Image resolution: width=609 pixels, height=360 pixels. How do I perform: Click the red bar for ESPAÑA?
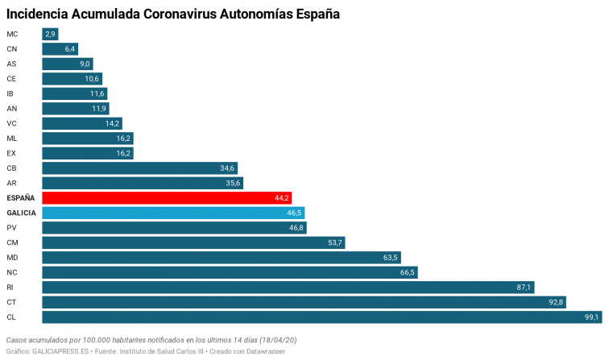[167, 198]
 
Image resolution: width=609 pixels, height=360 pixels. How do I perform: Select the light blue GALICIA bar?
[173, 213]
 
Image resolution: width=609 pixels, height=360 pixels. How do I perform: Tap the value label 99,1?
[591, 317]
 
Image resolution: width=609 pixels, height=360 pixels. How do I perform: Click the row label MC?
[12, 34]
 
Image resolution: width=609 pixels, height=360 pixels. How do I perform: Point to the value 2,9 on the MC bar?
[51, 34]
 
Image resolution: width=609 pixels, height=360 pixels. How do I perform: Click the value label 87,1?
[524, 288]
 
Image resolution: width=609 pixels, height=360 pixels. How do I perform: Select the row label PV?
[11, 228]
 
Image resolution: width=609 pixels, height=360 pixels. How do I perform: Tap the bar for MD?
[221, 258]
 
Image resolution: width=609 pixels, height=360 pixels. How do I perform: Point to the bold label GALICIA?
[21, 213]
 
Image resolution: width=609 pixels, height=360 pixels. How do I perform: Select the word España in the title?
[314, 14]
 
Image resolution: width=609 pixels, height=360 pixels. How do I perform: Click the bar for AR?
[142, 183]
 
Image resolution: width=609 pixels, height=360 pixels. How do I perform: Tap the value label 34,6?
[227, 168]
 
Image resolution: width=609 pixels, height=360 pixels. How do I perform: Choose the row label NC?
[12, 272]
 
